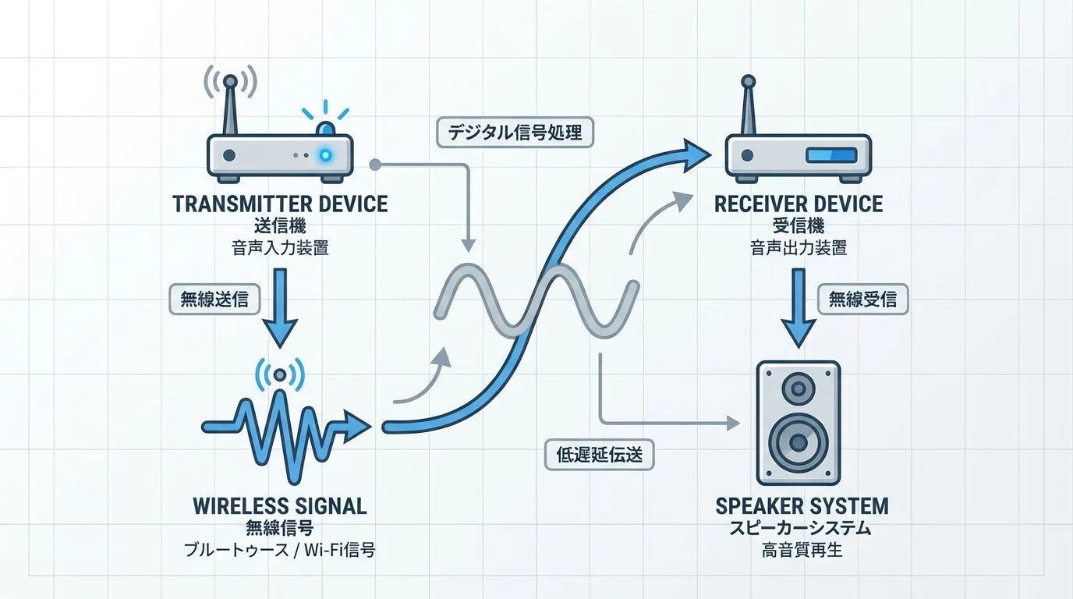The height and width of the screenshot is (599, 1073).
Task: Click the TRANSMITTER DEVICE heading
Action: pyautogui.click(x=280, y=204)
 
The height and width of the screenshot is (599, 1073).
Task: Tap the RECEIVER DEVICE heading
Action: pyautogui.click(x=799, y=204)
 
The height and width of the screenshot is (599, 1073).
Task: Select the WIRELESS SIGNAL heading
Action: pyautogui.click(x=280, y=505)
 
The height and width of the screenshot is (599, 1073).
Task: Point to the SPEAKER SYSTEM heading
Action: pyautogui.click(x=802, y=505)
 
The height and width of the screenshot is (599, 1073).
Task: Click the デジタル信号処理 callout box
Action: pyautogui.click(x=515, y=133)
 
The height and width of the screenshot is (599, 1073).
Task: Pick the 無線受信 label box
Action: pyautogui.click(x=862, y=299)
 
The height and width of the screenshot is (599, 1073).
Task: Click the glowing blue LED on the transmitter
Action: pyautogui.click(x=324, y=155)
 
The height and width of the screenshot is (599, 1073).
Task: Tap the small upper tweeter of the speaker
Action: pyautogui.click(x=798, y=388)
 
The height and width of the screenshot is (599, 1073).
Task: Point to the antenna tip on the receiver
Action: pyautogui.click(x=749, y=80)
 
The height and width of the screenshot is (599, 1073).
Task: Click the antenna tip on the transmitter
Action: pyautogui.click(x=230, y=80)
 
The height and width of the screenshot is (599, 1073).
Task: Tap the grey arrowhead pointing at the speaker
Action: pyautogui.click(x=732, y=424)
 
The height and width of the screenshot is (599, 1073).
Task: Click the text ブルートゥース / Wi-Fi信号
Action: pyautogui.click(x=280, y=551)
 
